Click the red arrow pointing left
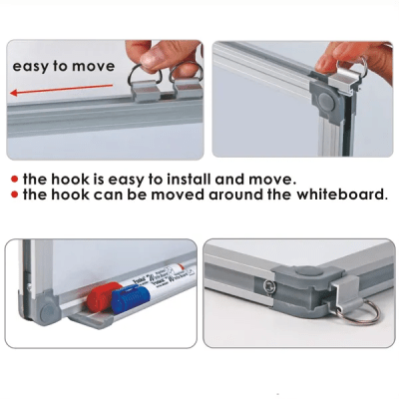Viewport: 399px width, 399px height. (x=62, y=90)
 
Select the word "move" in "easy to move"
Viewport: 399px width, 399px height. (x=94, y=66)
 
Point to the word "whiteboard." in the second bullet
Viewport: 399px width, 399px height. (x=342, y=195)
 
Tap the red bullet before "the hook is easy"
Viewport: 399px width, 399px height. (x=14, y=180)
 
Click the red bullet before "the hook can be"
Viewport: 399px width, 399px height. (x=14, y=195)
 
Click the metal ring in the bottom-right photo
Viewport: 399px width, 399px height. (x=360, y=312)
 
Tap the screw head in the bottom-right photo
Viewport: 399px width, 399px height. (x=270, y=286)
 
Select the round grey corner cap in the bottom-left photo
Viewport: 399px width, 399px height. (x=49, y=310)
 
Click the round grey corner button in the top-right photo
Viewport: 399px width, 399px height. (x=326, y=100)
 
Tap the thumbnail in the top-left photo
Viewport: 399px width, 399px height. (x=151, y=60)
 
